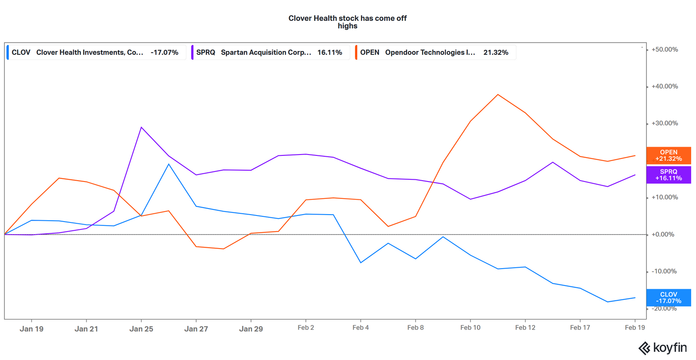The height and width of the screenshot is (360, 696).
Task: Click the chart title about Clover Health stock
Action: [347, 22]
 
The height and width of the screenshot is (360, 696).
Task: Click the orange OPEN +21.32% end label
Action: [668, 155]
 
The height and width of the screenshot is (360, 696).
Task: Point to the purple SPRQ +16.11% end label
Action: [668, 175]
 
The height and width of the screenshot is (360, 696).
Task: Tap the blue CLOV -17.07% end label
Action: [668, 298]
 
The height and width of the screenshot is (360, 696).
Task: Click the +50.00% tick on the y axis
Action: [664, 50]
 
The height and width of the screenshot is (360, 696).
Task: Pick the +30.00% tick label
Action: [664, 124]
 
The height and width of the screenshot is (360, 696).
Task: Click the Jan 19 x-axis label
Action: [31, 329]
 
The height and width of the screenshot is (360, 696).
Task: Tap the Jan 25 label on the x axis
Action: [141, 329]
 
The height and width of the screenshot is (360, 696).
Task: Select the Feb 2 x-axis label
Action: [306, 327]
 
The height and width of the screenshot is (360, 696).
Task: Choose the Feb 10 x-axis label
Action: [470, 327]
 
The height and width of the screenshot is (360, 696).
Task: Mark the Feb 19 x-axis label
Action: [635, 327]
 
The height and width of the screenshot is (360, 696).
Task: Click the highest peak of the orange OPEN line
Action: [498, 94]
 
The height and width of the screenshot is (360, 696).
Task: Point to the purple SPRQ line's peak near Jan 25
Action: [141, 127]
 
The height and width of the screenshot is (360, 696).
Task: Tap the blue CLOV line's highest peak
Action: [169, 164]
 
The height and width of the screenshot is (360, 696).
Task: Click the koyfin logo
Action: [662, 348]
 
